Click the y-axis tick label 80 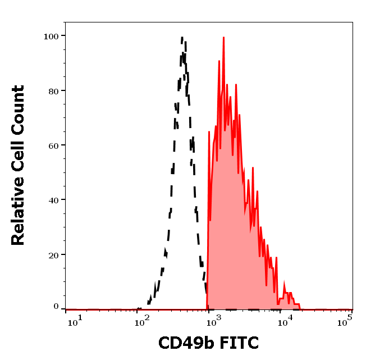(x=53, y=90)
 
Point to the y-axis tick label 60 (x=53, y=145)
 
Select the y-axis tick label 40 (x=53, y=199)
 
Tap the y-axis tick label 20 (x=53, y=254)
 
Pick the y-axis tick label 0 (x=56, y=307)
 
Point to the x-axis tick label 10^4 (x=286, y=321)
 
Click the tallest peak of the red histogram (x=223, y=38)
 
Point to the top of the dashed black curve (x=183, y=38)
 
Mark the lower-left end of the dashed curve (x=138, y=308)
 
